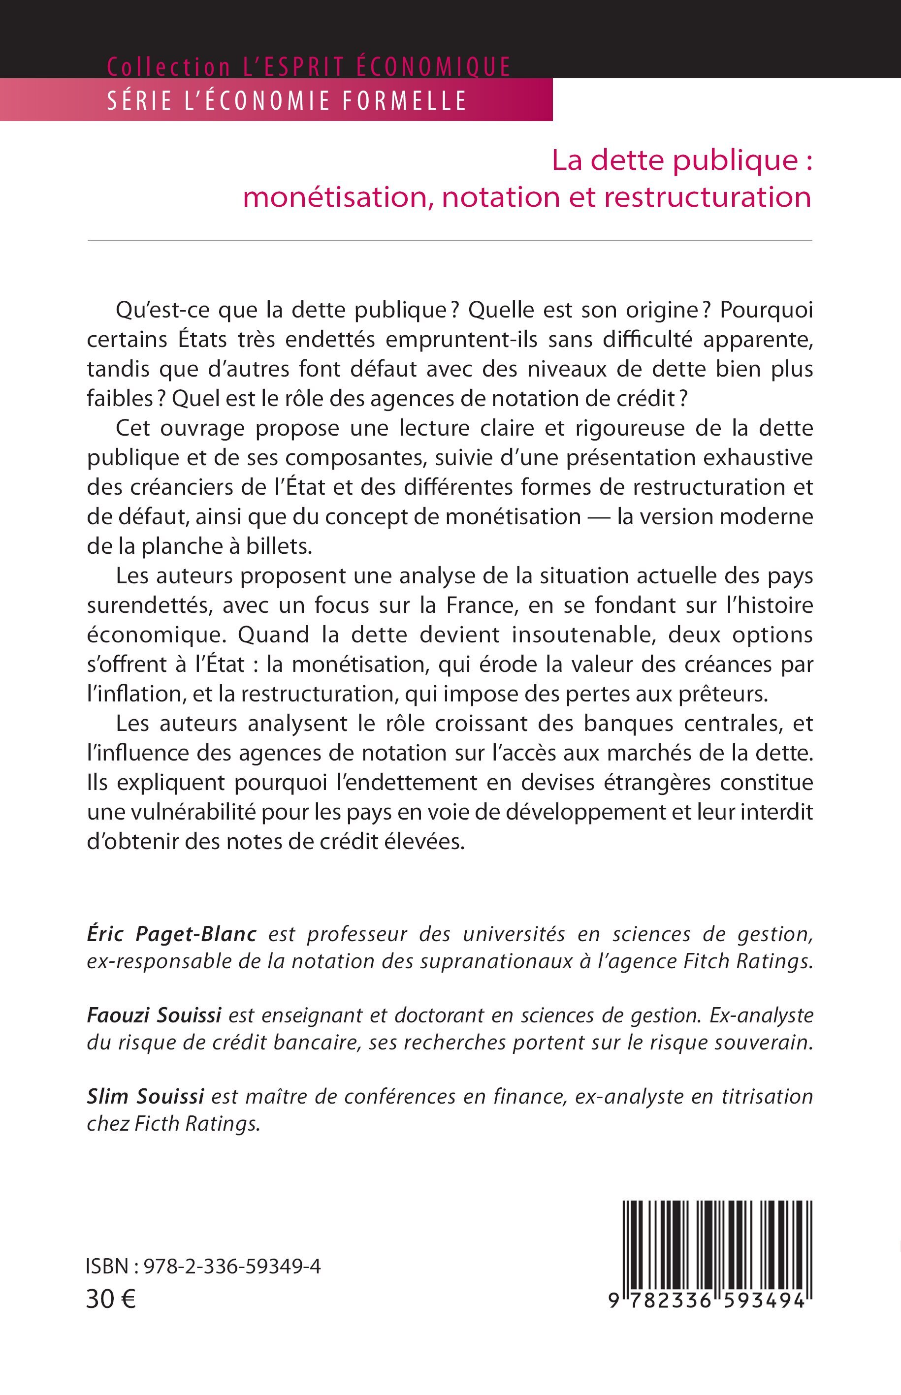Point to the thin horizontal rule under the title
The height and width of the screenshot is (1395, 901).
pyautogui.click(x=450, y=240)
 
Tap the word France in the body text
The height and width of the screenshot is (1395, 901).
pyautogui.click(x=482, y=605)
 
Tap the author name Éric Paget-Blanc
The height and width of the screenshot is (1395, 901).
pyautogui.click(x=171, y=934)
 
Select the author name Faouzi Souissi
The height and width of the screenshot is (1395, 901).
pyautogui.click(x=154, y=1015)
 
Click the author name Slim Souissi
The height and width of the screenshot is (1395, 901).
pyautogui.click(x=145, y=1096)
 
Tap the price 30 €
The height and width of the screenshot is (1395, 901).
pyautogui.click(x=111, y=1299)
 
